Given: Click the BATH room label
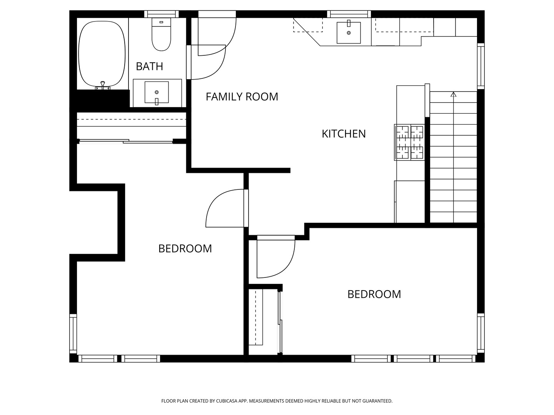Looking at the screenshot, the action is pos(149,66).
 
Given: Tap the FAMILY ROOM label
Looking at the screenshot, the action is pos(242,97).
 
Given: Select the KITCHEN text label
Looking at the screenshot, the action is pos(344,134).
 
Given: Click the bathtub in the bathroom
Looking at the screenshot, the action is pos(102,54).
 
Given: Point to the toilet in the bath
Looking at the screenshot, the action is pos(161,34).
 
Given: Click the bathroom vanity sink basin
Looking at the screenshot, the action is pos(157,92).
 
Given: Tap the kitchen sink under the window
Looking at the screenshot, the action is pos(349,33).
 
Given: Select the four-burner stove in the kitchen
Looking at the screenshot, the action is pos(409,142).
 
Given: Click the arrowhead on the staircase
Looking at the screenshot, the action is pos(454,95).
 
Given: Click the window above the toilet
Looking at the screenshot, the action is pos(162,14).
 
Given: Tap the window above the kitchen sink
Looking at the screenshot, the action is pos(349,14).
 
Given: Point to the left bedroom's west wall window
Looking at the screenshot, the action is pos(73,334).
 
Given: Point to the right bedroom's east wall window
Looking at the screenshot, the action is pos(481,333).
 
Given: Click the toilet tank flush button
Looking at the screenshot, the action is pos(161,22).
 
